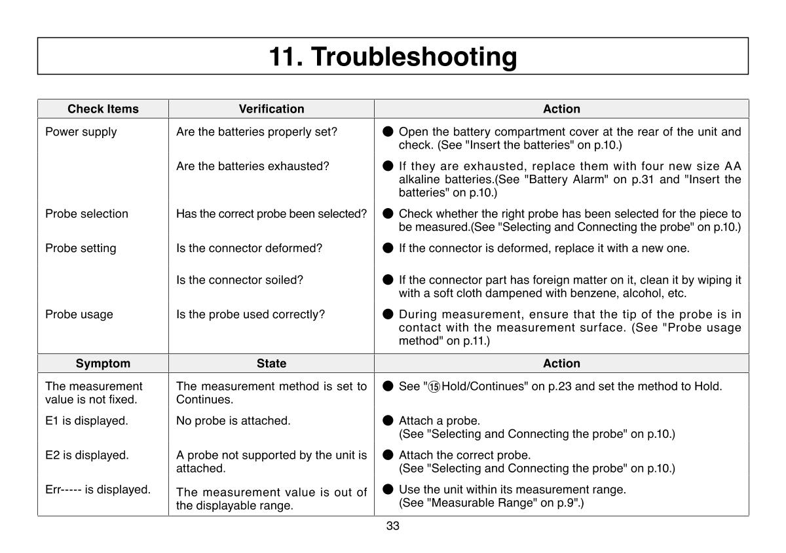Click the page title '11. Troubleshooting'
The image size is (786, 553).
point(393,56)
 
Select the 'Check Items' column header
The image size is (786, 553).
point(103,109)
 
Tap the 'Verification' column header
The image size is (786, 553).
point(271,109)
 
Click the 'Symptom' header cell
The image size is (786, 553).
point(103,363)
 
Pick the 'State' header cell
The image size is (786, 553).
point(271,363)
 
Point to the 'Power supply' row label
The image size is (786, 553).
point(81,132)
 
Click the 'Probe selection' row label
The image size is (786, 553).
point(86,213)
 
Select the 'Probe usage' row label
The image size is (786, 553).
point(79,314)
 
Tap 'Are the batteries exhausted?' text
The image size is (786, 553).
point(252,166)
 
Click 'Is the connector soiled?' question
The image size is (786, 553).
point(240,279)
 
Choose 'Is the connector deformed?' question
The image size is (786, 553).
point(249,248)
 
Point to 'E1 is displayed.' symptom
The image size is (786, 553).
point(86,420)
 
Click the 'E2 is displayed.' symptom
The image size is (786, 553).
point(86,455)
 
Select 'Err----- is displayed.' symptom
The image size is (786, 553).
point(98,489)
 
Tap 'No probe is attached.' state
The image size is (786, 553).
point(233,420)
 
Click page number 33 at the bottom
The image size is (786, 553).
point(392,526)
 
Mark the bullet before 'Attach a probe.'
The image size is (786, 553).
point(388,420)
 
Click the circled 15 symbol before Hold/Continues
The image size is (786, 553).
point(434,387)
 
